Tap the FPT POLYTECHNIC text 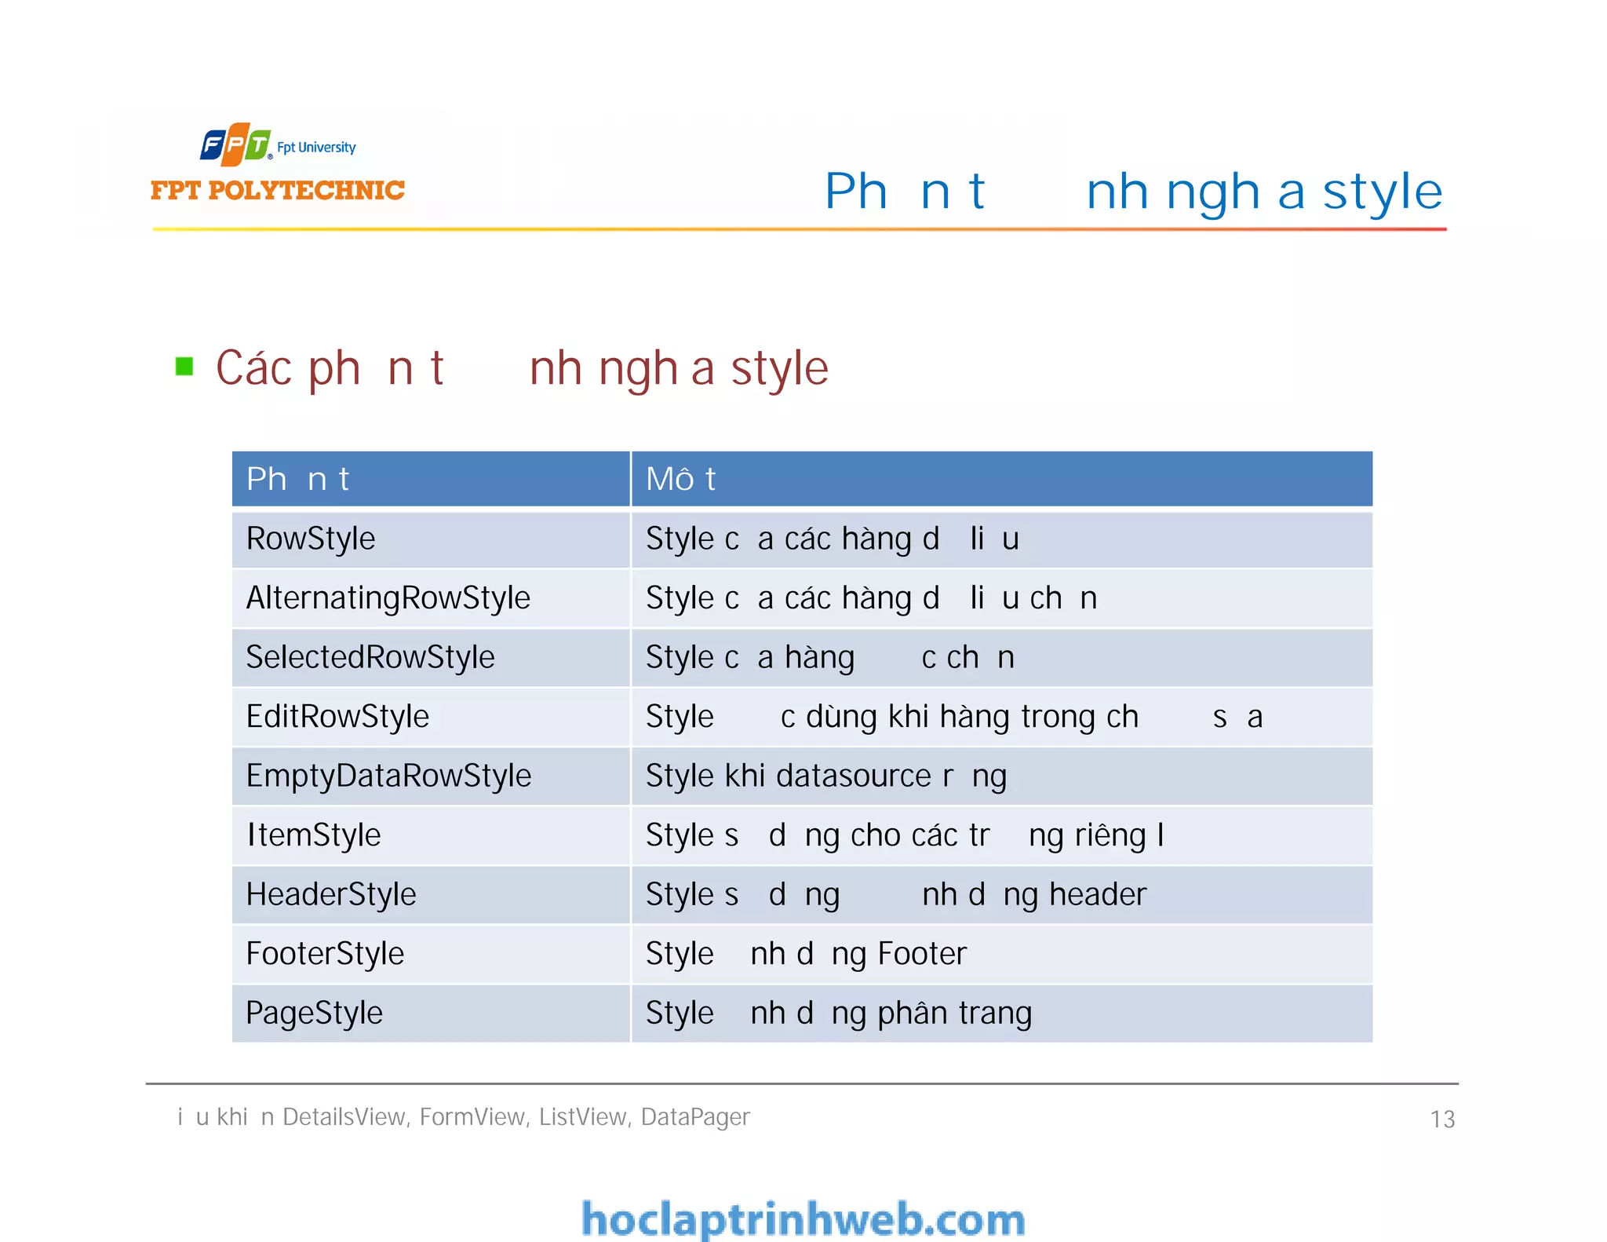coord(277,190)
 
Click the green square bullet coord(184,367)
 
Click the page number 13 coord(1441,1119)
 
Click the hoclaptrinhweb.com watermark coord(803,1219)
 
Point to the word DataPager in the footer coord(695,1116)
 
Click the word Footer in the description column coord(922,953)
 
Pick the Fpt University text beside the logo coord(316,148)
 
